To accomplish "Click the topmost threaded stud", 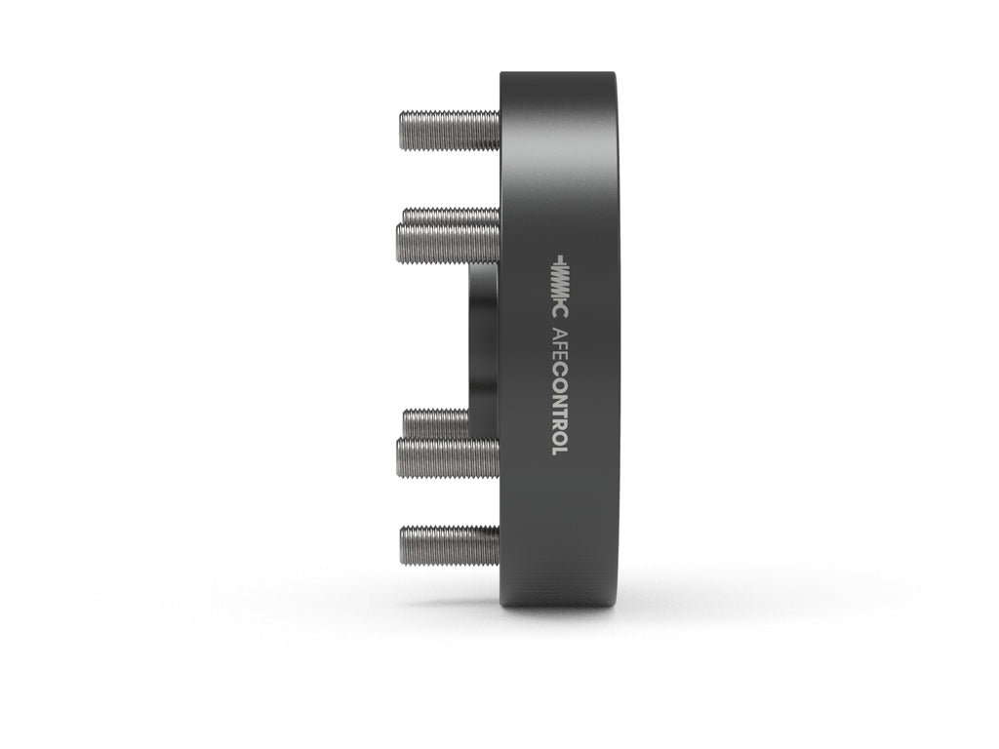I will [x=449, y=128].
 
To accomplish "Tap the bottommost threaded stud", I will [x=449, y=544].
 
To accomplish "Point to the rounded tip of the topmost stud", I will [x=404, y=128].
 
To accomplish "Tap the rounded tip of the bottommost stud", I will [x=404, y=544].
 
